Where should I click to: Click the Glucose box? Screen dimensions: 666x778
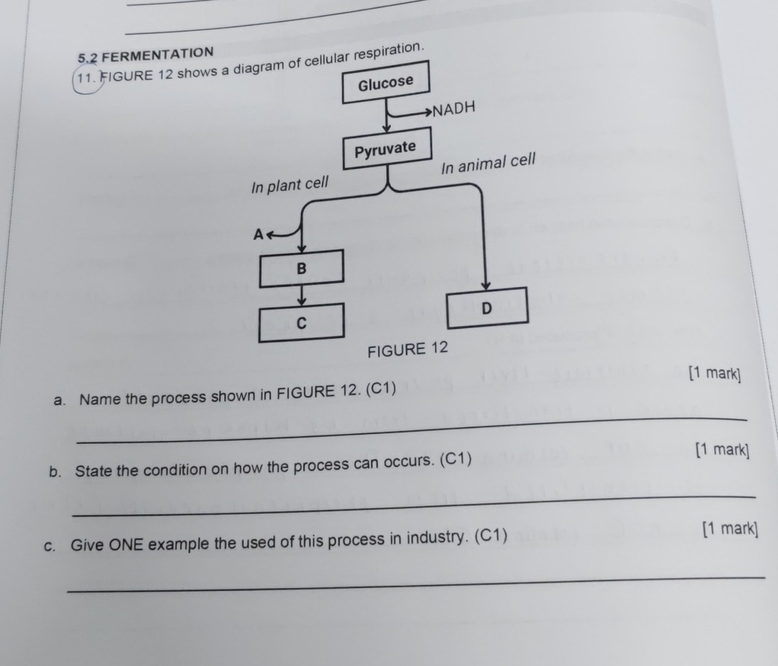[x=385, y=83]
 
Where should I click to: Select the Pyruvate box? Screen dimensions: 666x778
[x=385, y=149]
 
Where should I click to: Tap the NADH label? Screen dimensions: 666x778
[x=455, y=110]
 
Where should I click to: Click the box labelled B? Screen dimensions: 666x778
[x=302, y=268]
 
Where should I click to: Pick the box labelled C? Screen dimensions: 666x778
[x=302, y=322]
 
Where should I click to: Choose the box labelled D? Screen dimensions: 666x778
[x=487, y=309]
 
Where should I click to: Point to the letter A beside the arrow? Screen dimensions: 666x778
[x=257, y=234]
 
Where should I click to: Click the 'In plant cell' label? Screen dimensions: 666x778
[x=290, y=185]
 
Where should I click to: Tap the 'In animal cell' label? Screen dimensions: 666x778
[x=488, y=162]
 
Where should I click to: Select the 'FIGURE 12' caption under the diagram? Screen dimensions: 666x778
[x=406, y=349]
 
